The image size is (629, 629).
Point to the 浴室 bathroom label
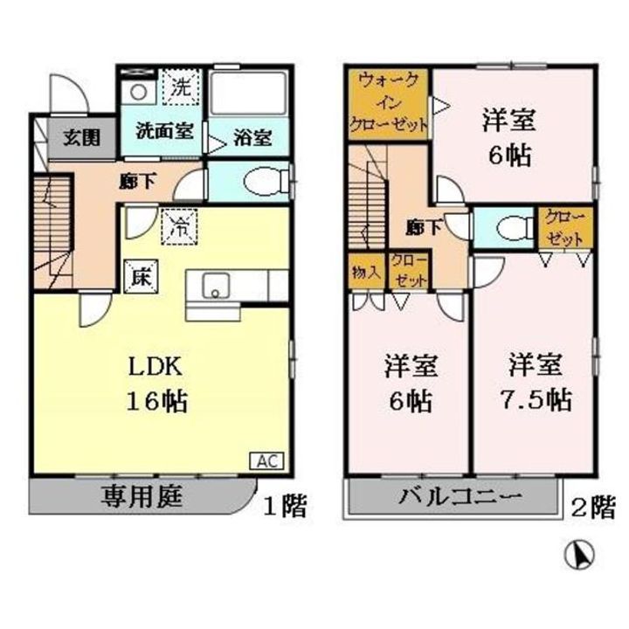tap(251, 138)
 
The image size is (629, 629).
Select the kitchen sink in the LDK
tap(214, 286)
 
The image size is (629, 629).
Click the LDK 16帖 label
tap(158, 384)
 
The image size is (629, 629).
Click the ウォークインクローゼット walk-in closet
tap(389, 101)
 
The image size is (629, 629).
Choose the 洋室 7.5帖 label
tap(535, 382)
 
